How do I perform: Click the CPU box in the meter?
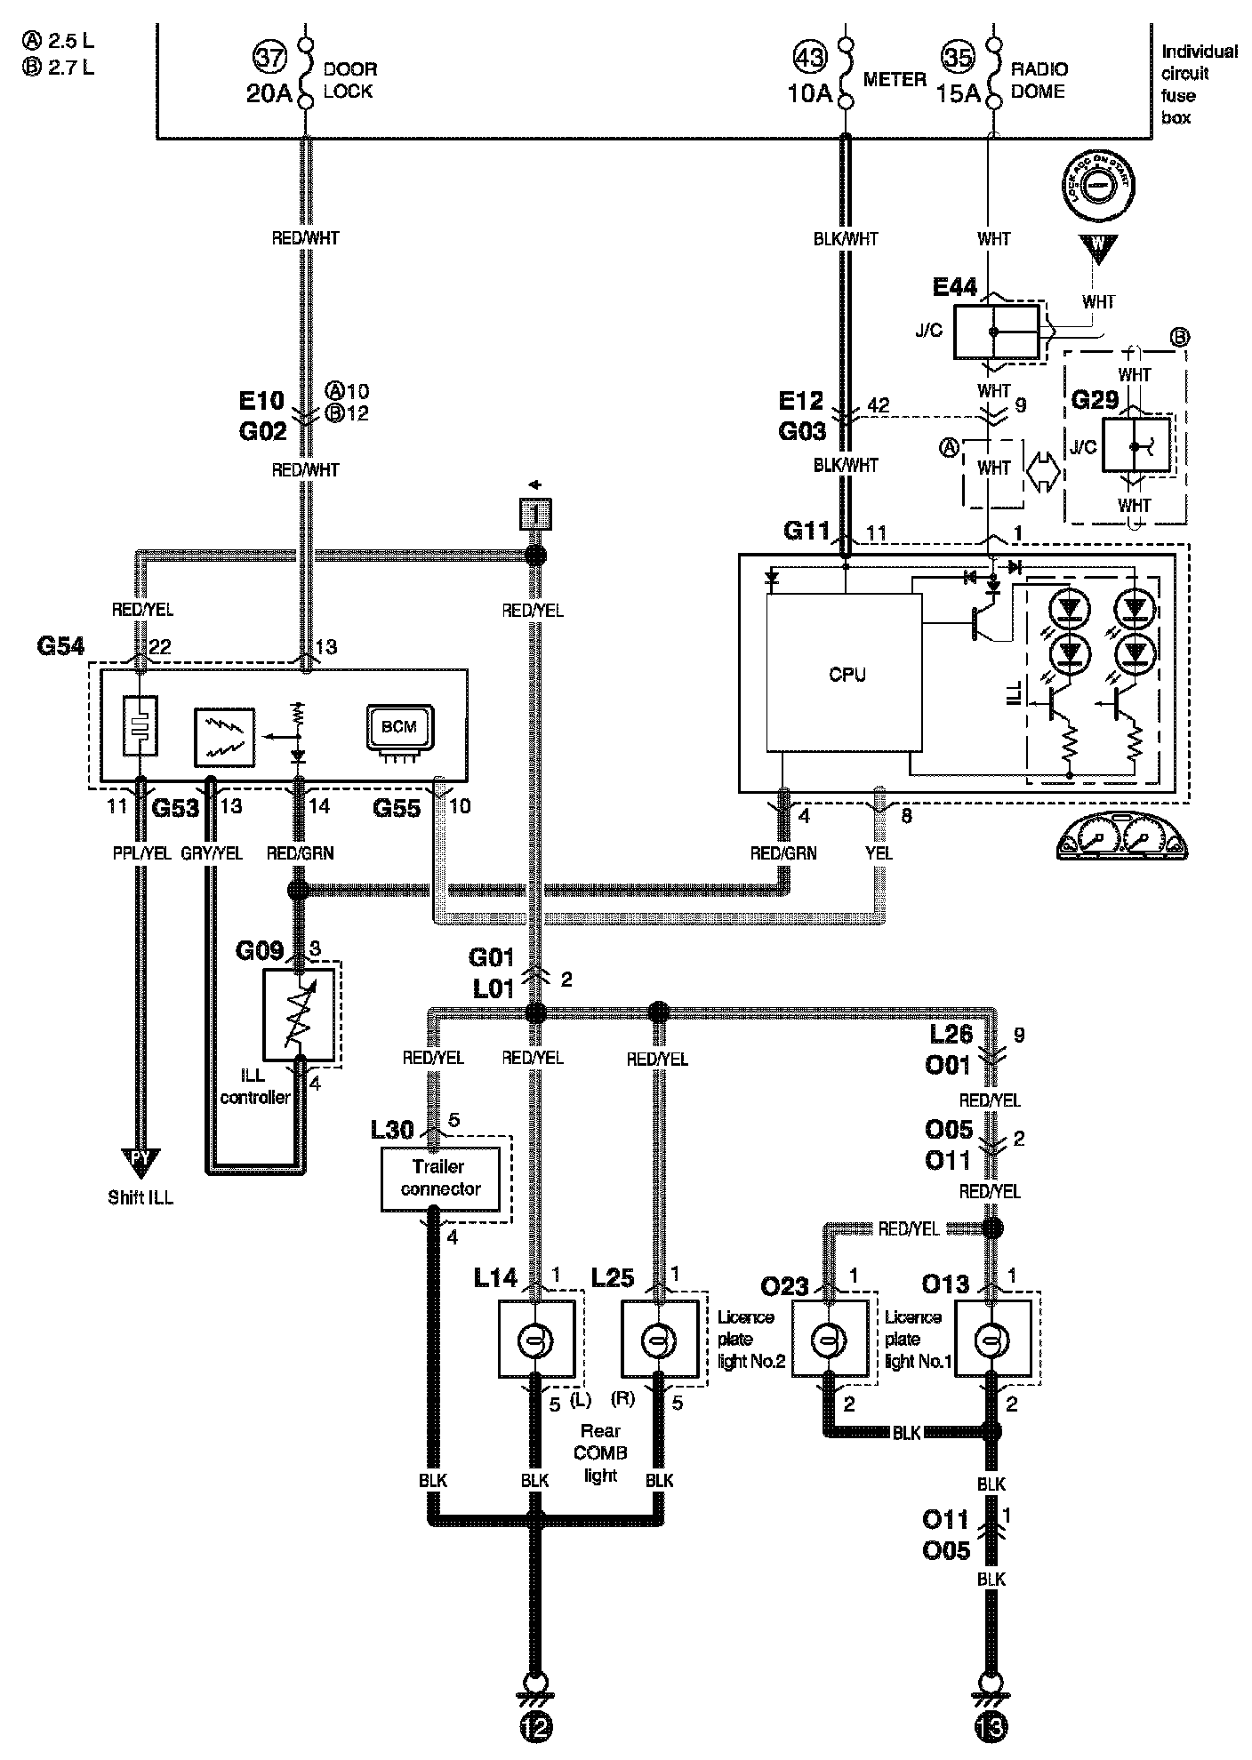[844, 674]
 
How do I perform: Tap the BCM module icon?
[398, 728]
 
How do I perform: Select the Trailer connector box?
[440, 1178]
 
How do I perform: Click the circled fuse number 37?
[270, 58]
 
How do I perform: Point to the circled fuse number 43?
[808, 58]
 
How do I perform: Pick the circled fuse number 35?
[958, 58]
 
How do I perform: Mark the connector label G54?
[60, 646]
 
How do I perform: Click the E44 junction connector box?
[996, 332]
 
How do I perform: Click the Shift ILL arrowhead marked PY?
[140, 1159]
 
